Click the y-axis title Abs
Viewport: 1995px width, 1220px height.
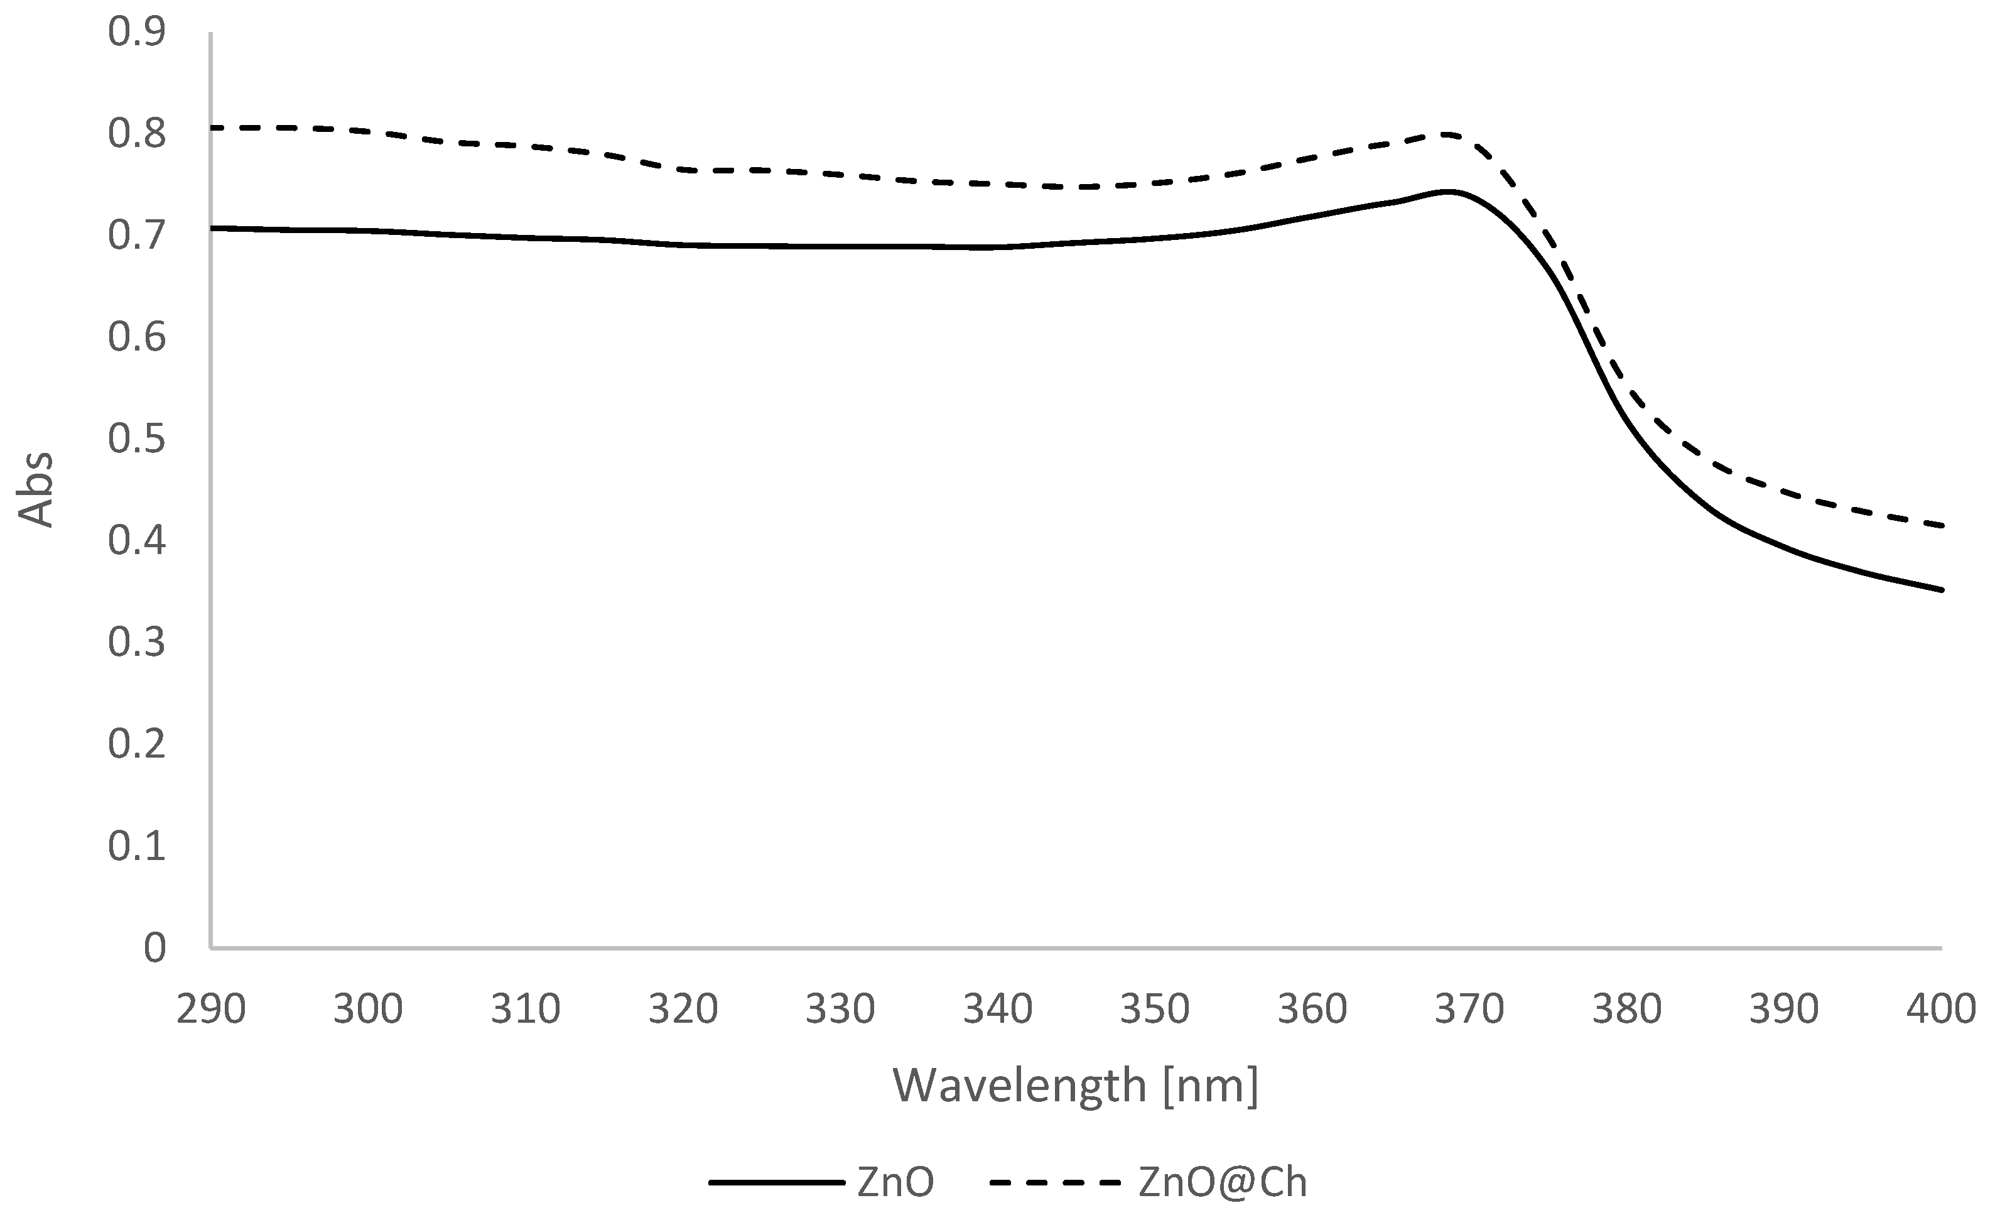(36, 490)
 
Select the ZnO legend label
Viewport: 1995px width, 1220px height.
(895, 1183)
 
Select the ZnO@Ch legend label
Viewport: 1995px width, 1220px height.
(1223, 1183)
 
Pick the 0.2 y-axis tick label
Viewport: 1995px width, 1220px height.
(136, 744)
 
